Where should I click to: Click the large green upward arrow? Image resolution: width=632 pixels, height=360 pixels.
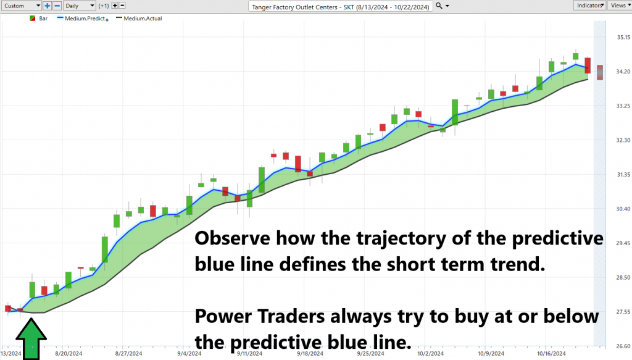point(31,338)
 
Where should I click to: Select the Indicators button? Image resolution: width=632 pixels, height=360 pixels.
point(589,6)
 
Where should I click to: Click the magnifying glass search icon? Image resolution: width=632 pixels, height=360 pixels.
point(439,6)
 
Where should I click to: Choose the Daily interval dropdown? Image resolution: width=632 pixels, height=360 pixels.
point(80,6)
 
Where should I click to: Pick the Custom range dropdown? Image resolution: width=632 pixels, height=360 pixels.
point(22,6)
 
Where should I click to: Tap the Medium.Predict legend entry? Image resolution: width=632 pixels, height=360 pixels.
point(83,19)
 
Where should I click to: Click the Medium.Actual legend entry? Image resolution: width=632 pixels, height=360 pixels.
point(139,19)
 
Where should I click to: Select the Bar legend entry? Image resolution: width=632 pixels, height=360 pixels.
point(39,19)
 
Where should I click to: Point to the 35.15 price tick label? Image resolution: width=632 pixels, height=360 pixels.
point(623,37)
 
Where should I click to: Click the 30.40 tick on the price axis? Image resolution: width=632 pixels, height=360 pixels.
point(623,209)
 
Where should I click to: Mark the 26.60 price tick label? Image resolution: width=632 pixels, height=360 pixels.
point(623,346)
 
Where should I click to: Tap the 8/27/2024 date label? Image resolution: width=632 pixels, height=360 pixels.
point(128,354)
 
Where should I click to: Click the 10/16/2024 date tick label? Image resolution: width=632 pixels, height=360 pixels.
point(551,354)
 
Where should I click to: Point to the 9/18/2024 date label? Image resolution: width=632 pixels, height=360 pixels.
point(310,354)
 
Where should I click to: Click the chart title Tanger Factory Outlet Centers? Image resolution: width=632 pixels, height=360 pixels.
point(294,7)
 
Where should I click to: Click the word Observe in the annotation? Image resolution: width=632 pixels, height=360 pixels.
point(233,238)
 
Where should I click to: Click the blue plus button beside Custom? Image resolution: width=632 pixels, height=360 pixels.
point(47,6)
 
